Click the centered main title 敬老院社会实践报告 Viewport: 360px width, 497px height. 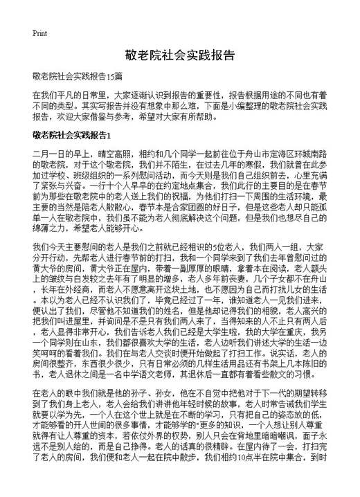179,55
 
